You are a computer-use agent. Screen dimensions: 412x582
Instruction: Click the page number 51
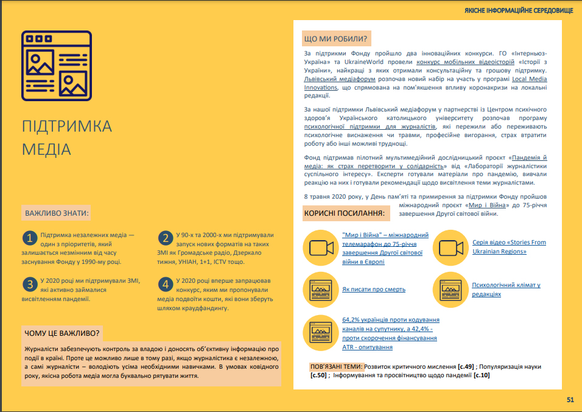click(570, 400)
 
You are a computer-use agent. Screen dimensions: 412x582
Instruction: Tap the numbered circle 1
click(29, 238)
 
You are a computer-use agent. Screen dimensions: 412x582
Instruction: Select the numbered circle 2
click(164, 238)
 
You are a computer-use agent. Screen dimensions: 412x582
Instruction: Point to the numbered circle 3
click(29, 284)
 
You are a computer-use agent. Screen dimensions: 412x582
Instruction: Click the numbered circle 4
click(164, 284)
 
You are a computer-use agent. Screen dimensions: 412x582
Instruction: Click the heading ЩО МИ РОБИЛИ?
click(335, 40)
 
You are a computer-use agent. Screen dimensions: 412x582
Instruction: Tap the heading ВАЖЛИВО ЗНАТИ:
click(57, 214)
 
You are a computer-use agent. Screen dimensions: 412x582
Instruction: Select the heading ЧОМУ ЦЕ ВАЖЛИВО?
click(61, 333)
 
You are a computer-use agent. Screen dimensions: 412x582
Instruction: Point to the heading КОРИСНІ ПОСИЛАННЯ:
click(344, 214)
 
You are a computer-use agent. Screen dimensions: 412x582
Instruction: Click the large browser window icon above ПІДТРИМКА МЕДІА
click(57, 66)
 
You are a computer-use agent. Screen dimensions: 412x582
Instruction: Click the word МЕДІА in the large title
click(46, 149)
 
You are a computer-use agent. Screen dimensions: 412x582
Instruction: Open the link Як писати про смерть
click(374, 289)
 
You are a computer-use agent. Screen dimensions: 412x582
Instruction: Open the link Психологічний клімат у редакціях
click(506, 289)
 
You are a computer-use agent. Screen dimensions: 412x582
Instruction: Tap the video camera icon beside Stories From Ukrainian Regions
click(451, 247)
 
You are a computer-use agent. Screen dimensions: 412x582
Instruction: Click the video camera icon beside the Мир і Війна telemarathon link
click(321, 247)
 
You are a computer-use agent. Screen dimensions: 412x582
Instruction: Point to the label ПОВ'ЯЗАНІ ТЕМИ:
click(337, 367)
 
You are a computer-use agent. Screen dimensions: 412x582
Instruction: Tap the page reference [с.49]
click(466, 367)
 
